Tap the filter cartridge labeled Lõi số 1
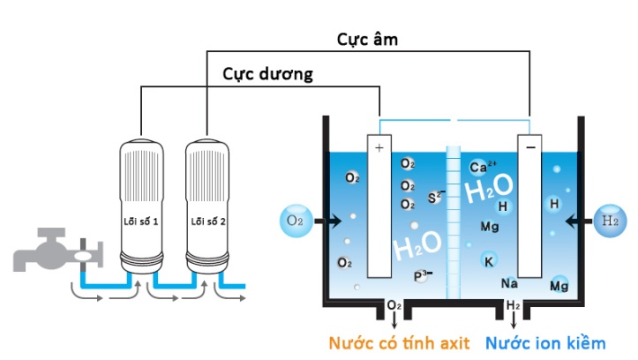[141, 203]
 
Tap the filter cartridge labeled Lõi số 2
[207, 203]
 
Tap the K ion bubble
[488, 259]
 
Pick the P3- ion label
[422, 276]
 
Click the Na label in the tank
[508, 283]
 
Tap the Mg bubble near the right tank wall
[559, 285]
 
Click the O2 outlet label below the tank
[394, 306]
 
